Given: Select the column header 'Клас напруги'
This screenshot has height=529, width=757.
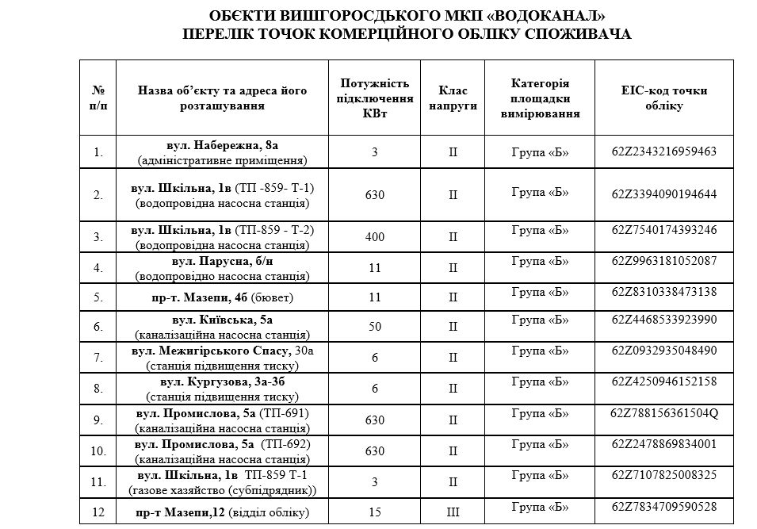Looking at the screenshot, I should click(453, 98).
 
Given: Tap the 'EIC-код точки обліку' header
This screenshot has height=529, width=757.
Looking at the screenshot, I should click(664, 98).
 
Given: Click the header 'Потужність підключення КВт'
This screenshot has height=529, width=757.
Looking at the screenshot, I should click(375, 98).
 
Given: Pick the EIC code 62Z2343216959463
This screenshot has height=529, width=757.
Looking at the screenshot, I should click(664, 151).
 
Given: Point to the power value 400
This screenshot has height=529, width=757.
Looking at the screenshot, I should click(375, 236).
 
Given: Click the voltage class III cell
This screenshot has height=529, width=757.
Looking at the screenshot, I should click(453, 512).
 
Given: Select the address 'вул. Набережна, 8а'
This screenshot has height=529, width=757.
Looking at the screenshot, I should click(222, 145).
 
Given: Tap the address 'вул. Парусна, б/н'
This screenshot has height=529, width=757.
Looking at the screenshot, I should click(222, 261).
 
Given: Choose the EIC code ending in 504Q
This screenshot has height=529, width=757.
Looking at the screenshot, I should click(664, 413).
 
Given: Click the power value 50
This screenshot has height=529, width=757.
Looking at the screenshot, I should click(375, 327).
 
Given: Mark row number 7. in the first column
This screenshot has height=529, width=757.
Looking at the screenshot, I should click(98, 358).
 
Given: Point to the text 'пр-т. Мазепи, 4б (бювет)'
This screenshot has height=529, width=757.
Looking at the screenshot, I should click(222, 297).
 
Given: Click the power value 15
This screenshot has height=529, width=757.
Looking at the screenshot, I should click(375, 512).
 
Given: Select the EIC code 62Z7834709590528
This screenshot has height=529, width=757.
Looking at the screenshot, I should click(664, 506).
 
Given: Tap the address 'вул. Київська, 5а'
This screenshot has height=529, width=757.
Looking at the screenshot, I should click(222, 320).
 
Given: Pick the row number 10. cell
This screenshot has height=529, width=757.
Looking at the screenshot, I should click(98, 451).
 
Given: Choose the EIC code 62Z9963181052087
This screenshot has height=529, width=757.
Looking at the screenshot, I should click(664, 260).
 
